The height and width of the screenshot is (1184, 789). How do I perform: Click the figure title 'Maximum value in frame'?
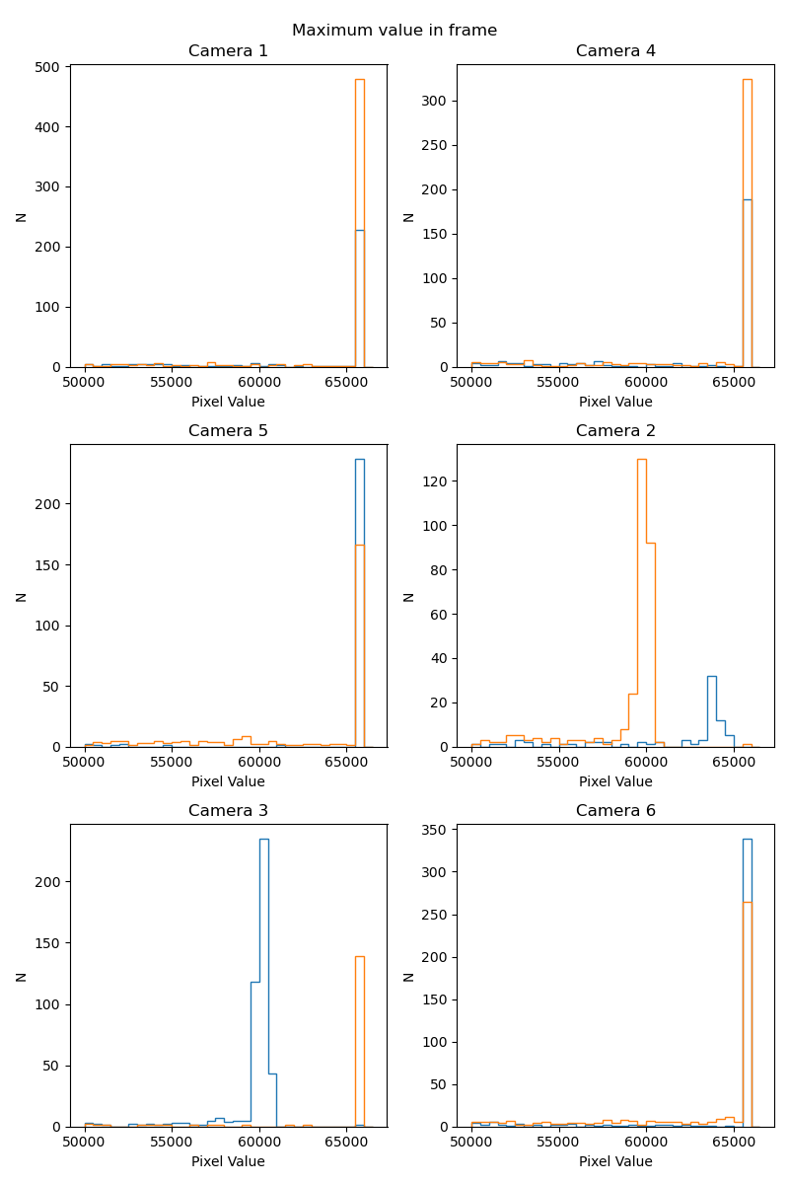click(394, 31)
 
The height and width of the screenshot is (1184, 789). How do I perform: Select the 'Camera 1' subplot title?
click(228, 51)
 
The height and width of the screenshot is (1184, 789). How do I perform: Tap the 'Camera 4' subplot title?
click(615, 51)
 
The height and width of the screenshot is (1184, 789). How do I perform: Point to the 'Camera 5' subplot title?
click(228, 431)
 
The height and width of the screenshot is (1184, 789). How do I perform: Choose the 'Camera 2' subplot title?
click(615, 431)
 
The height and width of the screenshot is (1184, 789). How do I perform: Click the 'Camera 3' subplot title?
click(228, 811)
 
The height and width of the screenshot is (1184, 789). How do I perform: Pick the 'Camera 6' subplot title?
click(615, 811)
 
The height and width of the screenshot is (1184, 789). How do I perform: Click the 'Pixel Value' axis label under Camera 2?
click(615, 781)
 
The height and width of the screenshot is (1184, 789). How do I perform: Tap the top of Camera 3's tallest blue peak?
click(263, 839)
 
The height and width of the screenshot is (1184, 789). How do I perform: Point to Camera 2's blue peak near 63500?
click(712, 676)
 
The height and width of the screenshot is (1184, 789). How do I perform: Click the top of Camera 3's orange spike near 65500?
click(360, 956)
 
